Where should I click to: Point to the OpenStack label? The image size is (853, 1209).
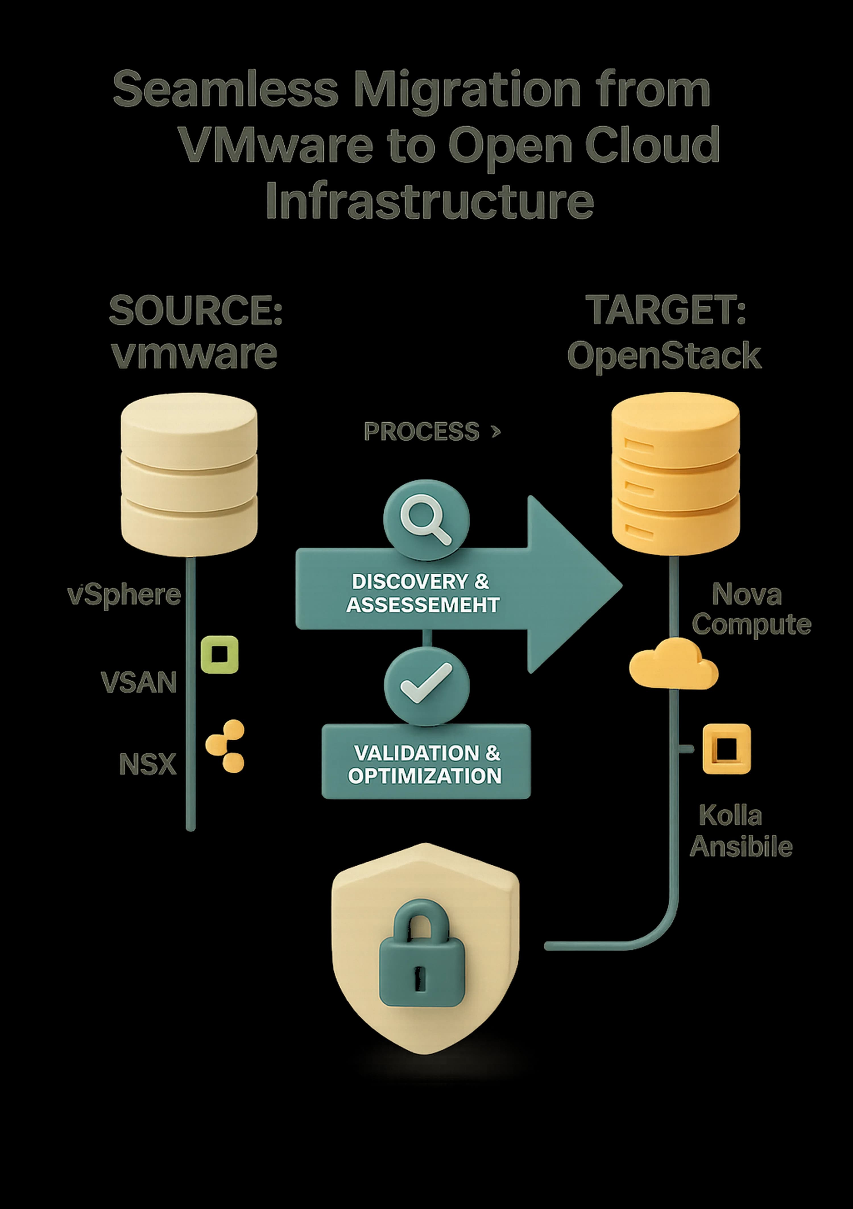coord(664,356)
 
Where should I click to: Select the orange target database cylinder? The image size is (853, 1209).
coord(675,474)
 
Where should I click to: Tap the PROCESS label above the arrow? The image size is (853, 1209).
coord(421,432)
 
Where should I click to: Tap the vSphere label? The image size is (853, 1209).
coord(124,595)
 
